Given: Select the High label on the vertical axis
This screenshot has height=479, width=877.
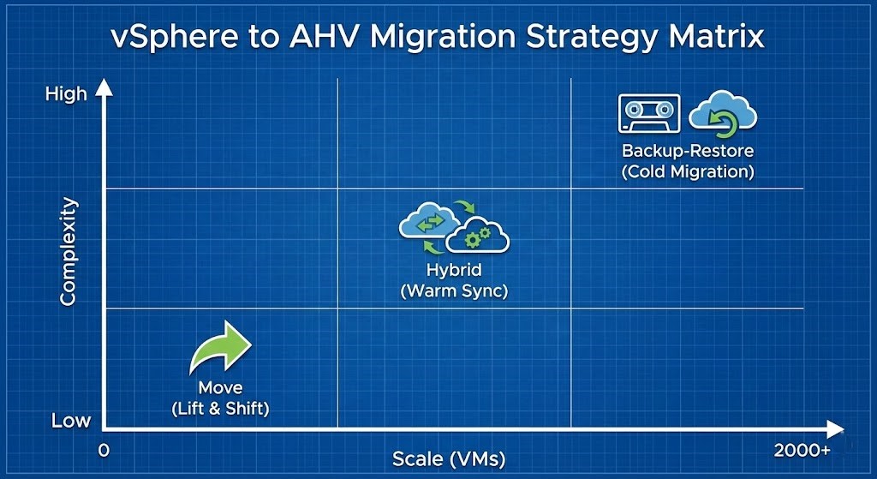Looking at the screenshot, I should point(66,93).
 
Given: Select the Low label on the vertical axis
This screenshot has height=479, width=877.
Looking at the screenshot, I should point(70,421).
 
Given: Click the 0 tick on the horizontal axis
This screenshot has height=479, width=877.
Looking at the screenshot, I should point(104,450).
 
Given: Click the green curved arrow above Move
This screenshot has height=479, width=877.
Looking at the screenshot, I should point(220,347).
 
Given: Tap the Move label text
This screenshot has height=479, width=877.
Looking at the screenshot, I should point(220,388).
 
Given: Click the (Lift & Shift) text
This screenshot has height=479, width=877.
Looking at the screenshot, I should point(220,409).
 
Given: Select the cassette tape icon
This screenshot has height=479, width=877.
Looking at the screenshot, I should point(648,113).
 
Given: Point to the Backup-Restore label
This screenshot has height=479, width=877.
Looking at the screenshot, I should point(688,151).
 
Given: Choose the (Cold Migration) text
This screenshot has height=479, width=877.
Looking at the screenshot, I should point(688,171).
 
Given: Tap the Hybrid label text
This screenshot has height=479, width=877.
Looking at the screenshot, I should point(454,271).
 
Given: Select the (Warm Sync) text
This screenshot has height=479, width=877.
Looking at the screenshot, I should point(454,291).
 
